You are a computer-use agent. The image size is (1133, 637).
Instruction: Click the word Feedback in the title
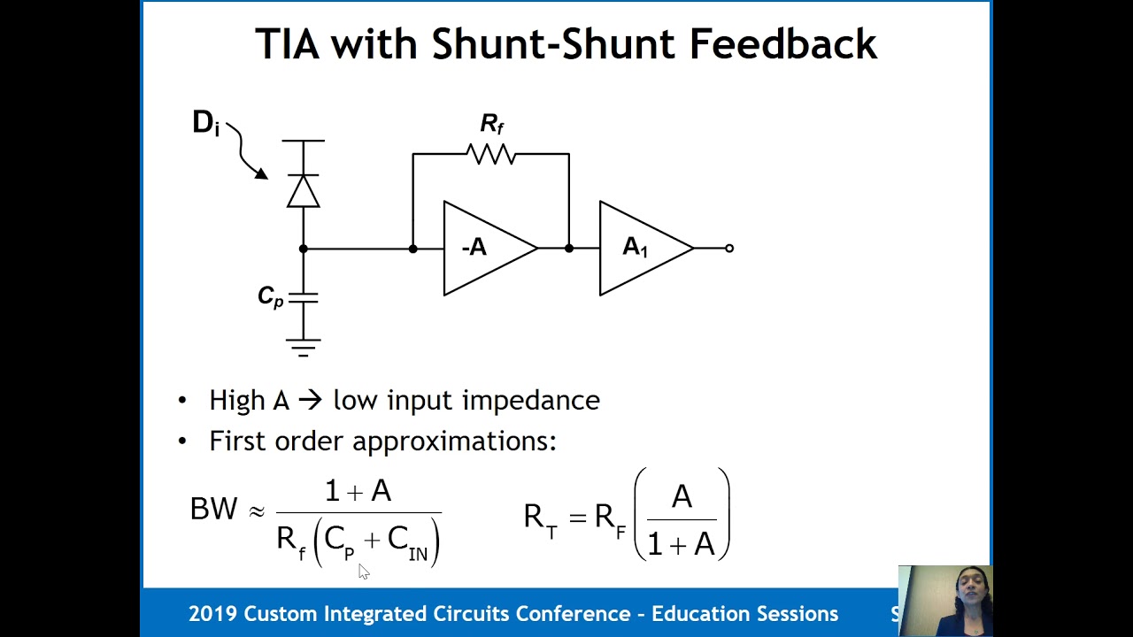[783, 44]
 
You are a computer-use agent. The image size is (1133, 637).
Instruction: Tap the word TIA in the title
[288, 44]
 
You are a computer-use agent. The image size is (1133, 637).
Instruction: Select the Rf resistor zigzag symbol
[491, 154]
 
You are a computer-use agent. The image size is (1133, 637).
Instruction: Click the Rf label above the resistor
[491, 124]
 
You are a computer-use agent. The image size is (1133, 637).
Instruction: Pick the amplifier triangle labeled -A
[489, 249]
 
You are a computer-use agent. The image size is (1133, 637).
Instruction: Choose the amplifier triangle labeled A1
[646, 249]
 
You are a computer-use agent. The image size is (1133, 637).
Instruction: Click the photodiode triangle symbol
[304, 191]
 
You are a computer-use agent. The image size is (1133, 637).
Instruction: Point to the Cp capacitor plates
[304, 298]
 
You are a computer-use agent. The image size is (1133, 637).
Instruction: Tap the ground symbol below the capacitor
[304, 348]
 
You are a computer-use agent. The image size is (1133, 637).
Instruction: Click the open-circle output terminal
[729, 249]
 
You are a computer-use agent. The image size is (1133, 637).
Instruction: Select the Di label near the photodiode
[206, 123]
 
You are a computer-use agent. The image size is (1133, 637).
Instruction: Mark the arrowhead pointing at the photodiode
[261, 173]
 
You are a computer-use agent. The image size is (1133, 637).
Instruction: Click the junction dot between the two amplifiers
[569, 249]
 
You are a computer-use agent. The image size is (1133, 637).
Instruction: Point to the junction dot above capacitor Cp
[304, 249]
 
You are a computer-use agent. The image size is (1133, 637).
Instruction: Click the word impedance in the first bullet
[531, 402]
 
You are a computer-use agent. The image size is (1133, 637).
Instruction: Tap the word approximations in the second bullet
[454, 441]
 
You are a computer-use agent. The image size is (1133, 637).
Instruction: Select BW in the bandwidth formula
[213, 509]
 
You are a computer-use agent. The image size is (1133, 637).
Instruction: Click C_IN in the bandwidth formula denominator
[408, 543]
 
